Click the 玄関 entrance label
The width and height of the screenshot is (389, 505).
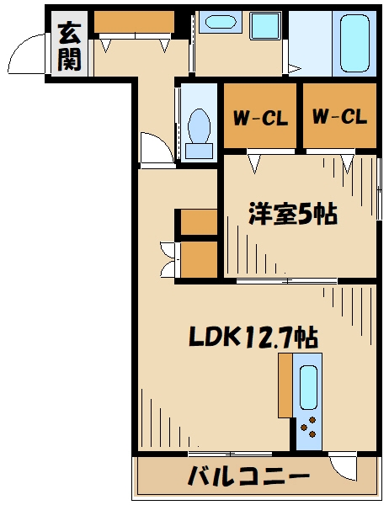69,46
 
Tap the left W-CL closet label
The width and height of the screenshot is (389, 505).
260,118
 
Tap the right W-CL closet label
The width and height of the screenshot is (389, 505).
339,118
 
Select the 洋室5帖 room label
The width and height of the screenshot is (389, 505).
292,215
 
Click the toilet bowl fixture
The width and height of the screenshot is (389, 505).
200,130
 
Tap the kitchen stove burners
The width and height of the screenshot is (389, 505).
309,428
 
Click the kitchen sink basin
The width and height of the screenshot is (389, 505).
308,388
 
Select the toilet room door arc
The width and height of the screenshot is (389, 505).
155,150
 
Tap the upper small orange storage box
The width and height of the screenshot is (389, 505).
199,223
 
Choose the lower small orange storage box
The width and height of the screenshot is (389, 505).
199,260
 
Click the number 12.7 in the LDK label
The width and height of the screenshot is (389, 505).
269,338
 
